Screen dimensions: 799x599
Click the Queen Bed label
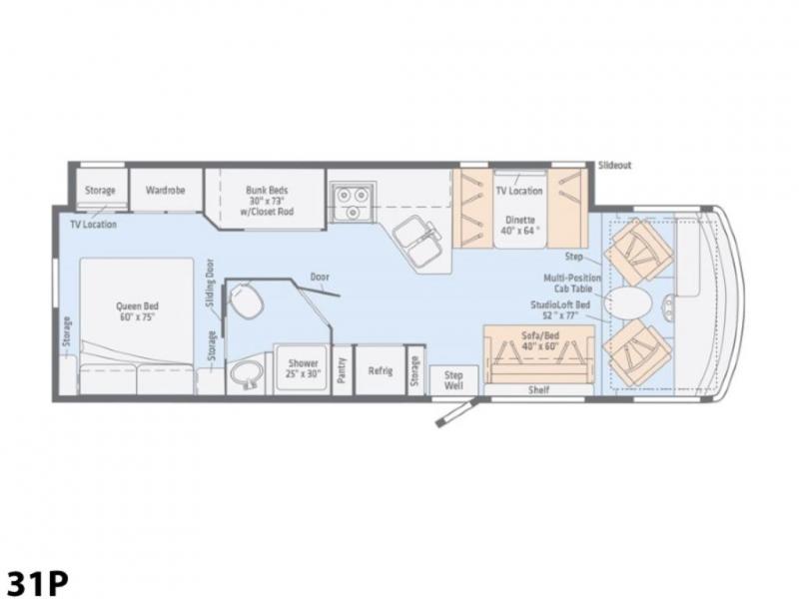(x=137, y=311)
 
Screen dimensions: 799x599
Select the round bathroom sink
(x=247, y=376)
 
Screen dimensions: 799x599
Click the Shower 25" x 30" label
(x=304, y=368)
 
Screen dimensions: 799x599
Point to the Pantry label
(x=342, y=370)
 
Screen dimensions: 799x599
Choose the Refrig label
(x=381, y=370)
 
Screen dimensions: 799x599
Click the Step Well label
(x=453, y=380)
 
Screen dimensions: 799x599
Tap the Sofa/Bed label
(x=540, y=340)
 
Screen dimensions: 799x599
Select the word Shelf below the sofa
(x=538, y=389)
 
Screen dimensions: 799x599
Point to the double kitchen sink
(x=416, y=242)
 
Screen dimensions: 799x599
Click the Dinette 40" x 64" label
(x=520, y=226)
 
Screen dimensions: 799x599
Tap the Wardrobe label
(x=165, y=190)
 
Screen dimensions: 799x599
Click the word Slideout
(x=614, y=165)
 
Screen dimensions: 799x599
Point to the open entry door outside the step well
(x=456, y=413)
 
